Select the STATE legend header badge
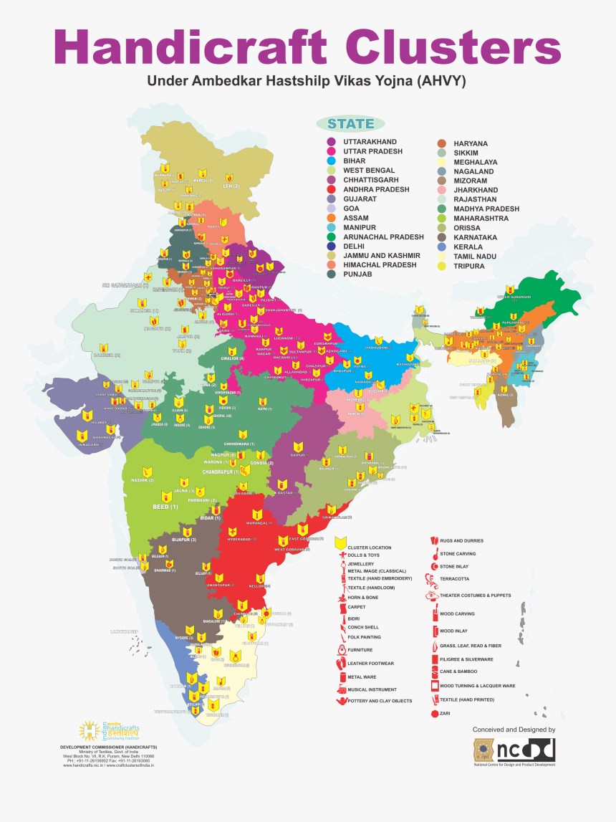350,124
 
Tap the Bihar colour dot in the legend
332,161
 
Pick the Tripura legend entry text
469,266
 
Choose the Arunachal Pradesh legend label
383,237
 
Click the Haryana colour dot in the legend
442,143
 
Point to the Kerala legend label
468,247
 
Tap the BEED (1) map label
164,507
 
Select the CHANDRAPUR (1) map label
211,473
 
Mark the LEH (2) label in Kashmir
231,186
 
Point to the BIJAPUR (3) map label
183,539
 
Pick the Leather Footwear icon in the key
340,664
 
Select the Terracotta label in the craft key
455,578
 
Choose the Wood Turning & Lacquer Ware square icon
434,686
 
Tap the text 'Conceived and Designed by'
514,729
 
